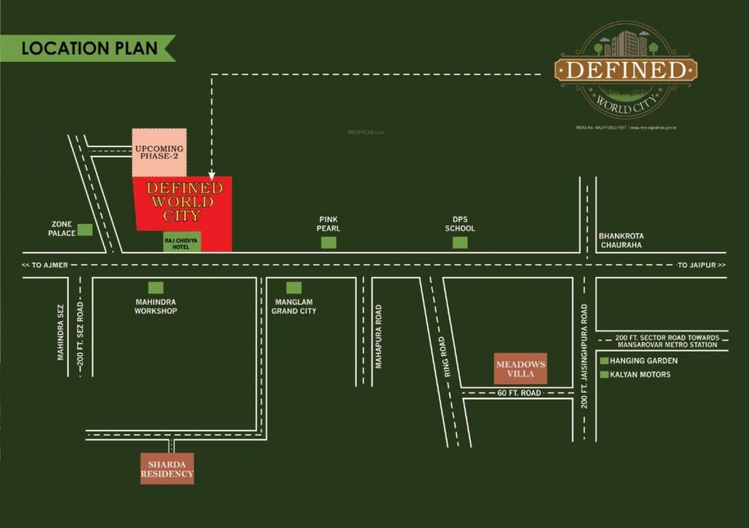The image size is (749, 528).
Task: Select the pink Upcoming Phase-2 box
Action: click(x=160, y=152)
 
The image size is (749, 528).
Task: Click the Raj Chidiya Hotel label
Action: click(x=182, y=241)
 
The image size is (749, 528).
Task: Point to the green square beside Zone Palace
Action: click(x=85, y=230)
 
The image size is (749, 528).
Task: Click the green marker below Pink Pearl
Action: click(x=329, y=242)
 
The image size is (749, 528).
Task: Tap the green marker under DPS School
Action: click(x=460, y=242)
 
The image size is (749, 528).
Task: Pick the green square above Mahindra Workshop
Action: click(x=156, y=288)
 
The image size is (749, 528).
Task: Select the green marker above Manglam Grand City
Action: click(x=294, y=288)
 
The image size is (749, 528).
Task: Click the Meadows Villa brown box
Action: click(x=521, y=368)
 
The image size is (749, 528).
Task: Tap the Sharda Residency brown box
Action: click(x=167, y=468)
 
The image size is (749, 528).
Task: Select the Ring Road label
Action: click(x=447, y=357)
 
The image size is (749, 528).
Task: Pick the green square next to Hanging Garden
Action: click(x=604, y=361)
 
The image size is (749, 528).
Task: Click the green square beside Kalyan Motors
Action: click(x=604, y=375)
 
